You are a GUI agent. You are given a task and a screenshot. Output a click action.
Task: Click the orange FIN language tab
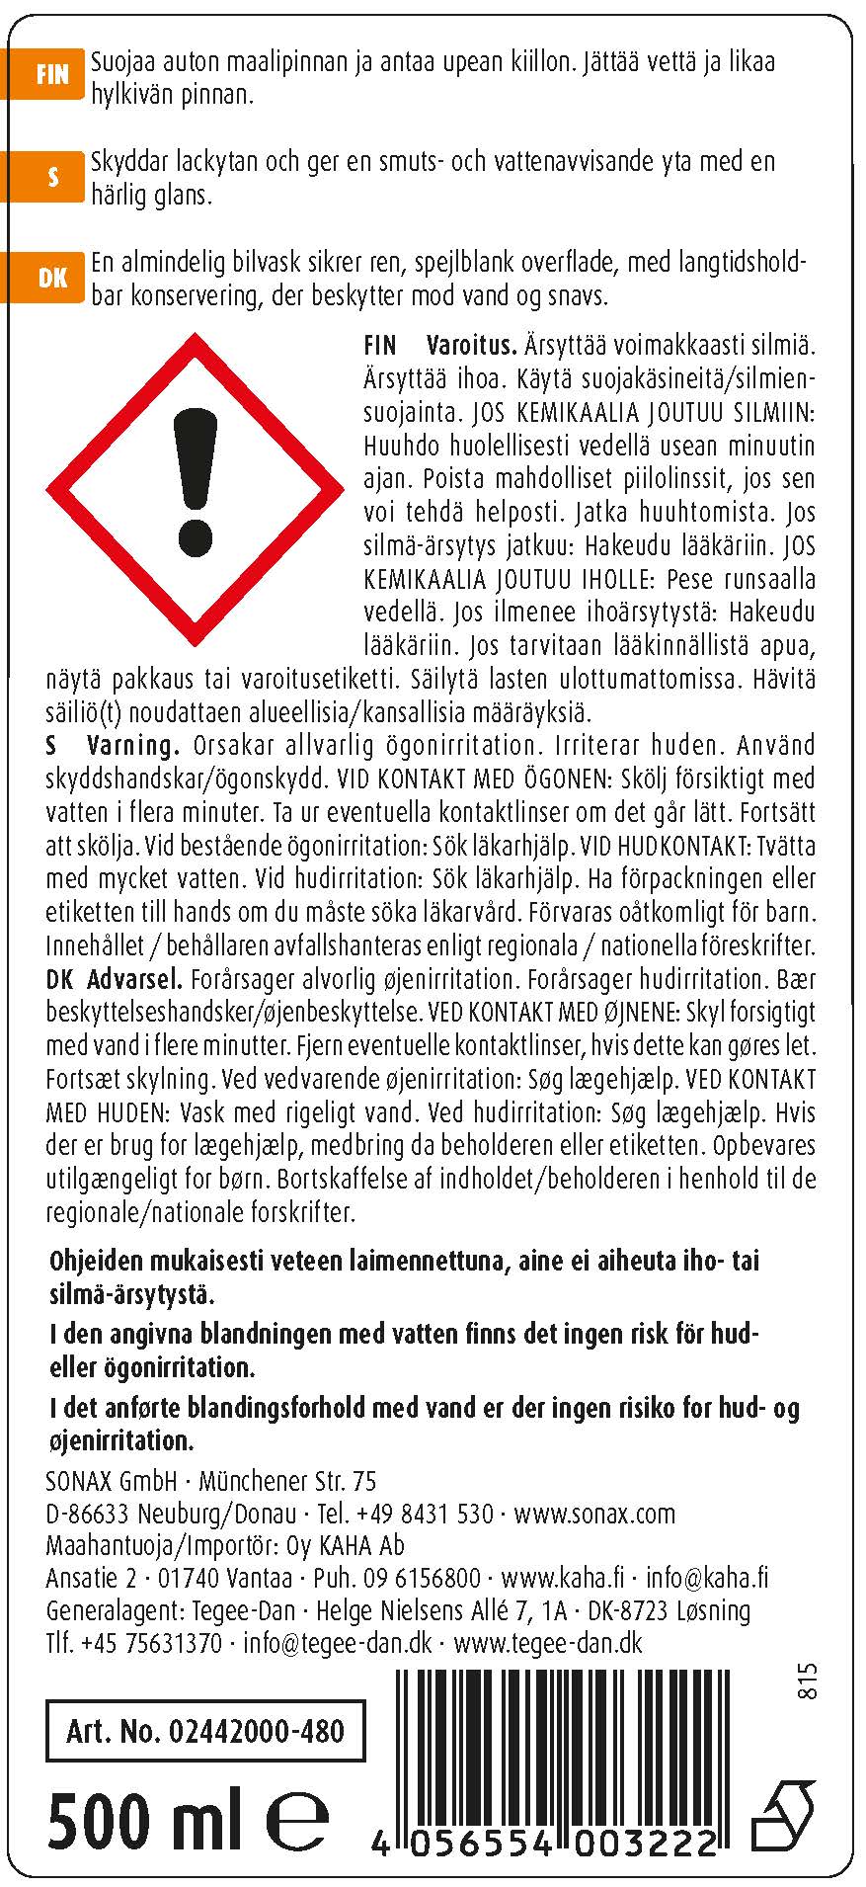(x=50, y=75)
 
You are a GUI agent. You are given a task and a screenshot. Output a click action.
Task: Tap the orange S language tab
(x=50, y=177)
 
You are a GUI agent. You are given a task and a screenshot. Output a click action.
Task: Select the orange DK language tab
(x=50, y=279)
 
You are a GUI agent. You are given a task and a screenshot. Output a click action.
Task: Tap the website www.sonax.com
(x=594, y=1514)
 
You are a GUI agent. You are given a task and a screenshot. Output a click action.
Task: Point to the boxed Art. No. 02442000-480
(x=204, y=1732)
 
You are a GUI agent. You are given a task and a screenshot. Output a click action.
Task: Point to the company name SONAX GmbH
(x=112, y=1482)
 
